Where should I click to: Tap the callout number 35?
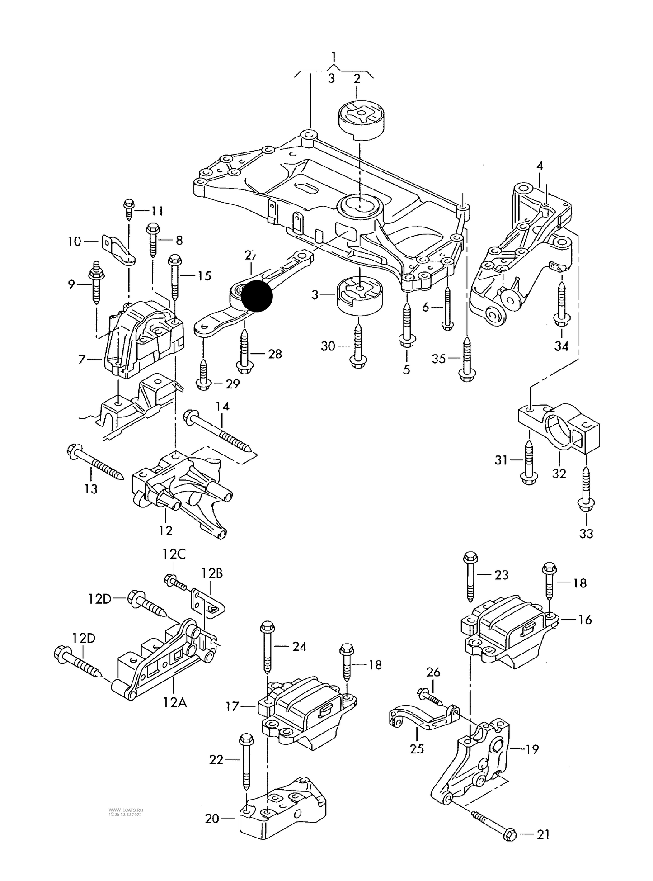439,359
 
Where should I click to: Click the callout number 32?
559,474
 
